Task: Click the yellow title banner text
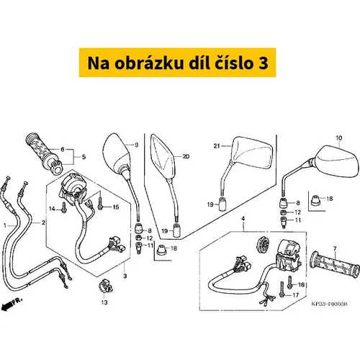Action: [x=178, y=63]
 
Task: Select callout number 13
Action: [x=104, y=302]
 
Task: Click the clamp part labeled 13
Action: [x=105, y=286]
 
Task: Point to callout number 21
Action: [x=217, y=145]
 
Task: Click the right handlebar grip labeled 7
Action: [x=336, y=265]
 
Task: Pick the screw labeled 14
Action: [x=64, y=207]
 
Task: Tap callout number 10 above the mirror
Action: [x=339, y=138]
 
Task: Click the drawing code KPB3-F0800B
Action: [x=329, y=304]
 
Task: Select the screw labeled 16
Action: [x=290, y=282]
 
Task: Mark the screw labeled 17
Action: [x=282, y=289]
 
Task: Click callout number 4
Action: [x=243, y=219]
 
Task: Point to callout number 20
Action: [x=186, y=156]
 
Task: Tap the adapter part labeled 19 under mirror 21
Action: [x=223, y=204]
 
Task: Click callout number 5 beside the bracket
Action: [x=84, y=157]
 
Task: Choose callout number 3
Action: [x=125, y=276]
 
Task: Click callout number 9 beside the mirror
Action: [x=137, y=145]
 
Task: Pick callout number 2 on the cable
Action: [x=43, y=222]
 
